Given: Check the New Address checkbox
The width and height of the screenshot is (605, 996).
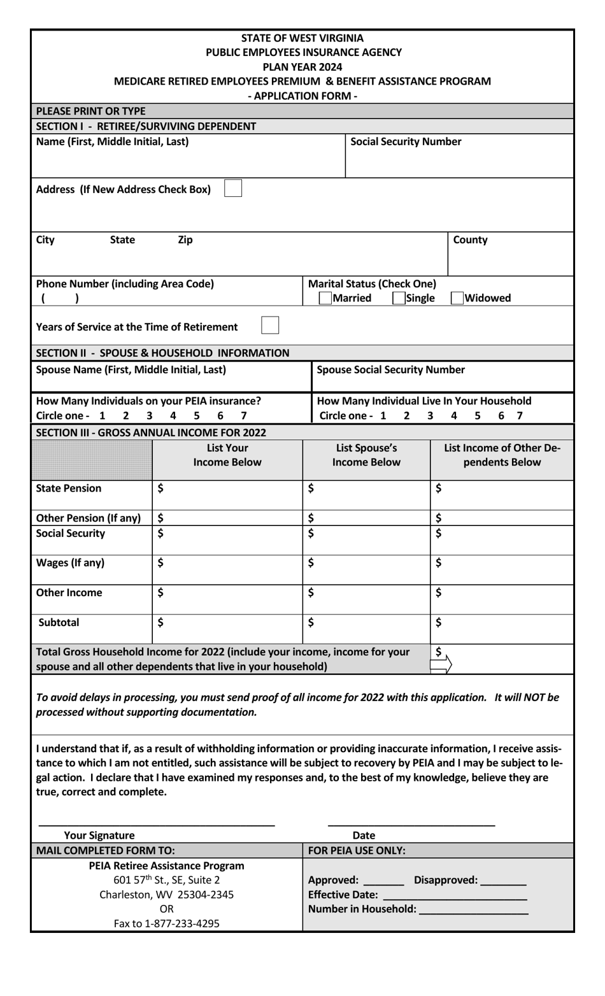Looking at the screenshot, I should pos(233,189).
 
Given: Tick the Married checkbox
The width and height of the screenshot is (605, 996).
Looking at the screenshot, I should pos(325,298).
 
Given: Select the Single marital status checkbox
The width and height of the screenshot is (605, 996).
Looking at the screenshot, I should pos(399,298).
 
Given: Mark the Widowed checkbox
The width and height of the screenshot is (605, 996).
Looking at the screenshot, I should pos(457,298).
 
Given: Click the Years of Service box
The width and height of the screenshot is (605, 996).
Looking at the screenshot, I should pos(270,325).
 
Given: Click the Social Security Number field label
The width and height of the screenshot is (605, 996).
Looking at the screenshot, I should pos(406,141).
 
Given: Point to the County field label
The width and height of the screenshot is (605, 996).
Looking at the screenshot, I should pos(470,240).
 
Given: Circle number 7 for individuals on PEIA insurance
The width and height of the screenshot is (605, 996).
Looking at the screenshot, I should pos(243,416).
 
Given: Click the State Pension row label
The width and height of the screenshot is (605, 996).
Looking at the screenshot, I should pos(69,488).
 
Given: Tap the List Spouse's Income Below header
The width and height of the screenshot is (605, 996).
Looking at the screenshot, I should pos(366,455).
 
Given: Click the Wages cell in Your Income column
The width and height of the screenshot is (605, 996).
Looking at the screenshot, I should pos(227,569).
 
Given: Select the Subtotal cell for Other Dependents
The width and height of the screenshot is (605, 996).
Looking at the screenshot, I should pos(502,629).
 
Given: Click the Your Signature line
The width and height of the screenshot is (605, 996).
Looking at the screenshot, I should pos(157,825).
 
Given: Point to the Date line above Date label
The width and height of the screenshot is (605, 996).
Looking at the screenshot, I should pos(411,825).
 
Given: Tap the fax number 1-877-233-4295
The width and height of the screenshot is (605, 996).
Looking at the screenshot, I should pos(166,923).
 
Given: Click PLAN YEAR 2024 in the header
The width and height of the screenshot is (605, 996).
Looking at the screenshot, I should pos(302,67).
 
